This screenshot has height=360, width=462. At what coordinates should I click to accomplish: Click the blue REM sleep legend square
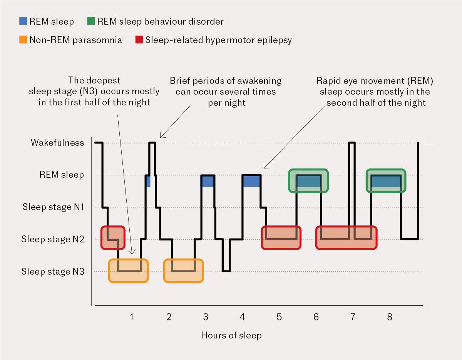click(23, 22)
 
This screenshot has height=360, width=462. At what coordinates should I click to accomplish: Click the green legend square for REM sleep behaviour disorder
click(91, 22)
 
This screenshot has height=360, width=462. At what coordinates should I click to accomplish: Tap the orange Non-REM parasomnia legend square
click(23, 40)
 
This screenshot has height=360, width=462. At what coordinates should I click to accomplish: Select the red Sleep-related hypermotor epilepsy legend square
click(139, 40)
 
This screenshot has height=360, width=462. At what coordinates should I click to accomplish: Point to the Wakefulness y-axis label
click(57, 143)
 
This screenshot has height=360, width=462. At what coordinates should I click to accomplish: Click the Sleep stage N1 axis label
click(53, 207)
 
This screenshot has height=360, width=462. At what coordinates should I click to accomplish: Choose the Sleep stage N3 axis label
click(53, 272)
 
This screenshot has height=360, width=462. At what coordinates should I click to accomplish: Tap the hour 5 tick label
click(279, 317)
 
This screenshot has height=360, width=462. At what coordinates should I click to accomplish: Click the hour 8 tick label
click(390, 317)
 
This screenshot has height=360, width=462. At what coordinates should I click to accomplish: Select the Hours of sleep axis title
click(231, 335)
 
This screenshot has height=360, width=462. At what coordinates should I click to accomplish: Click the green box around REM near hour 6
click(309, 181)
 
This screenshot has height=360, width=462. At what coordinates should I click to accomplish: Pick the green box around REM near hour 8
click(386, 181)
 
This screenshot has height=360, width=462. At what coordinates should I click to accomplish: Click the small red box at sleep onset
click(113, 237)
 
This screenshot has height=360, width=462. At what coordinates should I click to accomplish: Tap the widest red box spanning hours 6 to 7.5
click(346, 238)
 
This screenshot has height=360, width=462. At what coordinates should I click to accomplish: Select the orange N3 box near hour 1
click(129, 271)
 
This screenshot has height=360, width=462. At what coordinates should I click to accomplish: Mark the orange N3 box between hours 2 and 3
click(184, 271)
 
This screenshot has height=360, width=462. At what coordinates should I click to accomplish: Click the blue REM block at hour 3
click(208, 182)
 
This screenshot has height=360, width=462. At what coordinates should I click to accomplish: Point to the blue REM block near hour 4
click(251, 182)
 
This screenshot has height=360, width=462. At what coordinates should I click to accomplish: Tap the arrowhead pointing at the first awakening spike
click(161, 137)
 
